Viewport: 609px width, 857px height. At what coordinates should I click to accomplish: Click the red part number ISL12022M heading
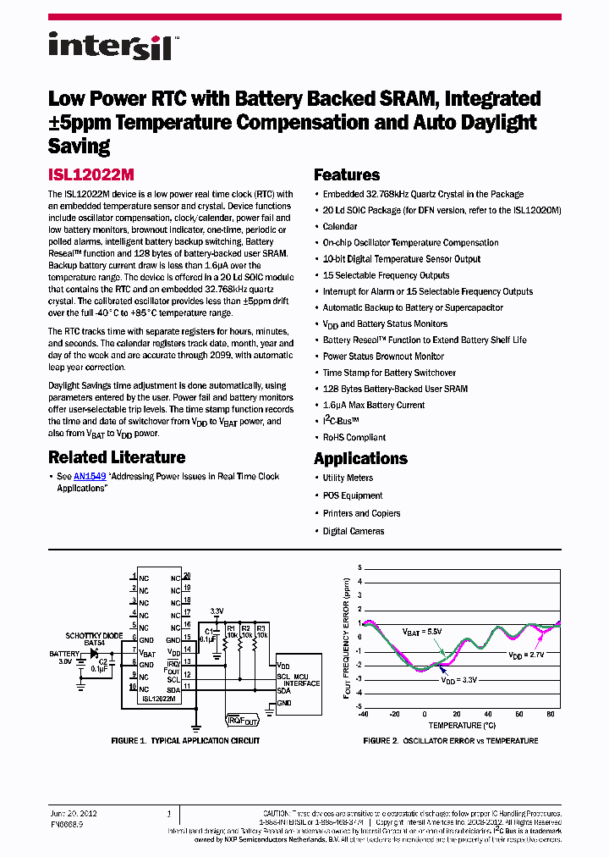(x=91, y=175)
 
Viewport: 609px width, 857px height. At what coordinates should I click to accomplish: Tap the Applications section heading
(x=360, y=459)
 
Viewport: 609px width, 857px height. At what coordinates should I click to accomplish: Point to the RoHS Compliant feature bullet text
(x=354, y=438)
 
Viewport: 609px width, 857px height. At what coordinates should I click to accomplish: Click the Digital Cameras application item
(x=353, y=531)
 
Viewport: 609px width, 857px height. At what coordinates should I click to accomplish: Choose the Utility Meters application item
(x=348, y=478)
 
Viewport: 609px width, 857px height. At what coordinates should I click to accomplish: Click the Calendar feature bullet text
(x=340, y=227)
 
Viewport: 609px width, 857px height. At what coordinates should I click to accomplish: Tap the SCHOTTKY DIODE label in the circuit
(x=95, y=635)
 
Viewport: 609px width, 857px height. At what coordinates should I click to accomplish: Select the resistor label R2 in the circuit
(x=246, y=628)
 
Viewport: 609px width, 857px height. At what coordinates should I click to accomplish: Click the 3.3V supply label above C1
(x=217, y=610)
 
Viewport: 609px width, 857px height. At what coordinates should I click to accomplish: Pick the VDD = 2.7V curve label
(x=527, y=655)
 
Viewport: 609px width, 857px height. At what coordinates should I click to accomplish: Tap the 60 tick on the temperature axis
(x=534, y=714)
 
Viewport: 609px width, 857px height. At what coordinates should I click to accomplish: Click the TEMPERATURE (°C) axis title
(x=462, y=726)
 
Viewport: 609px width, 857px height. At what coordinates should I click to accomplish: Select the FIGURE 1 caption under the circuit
(x=185, y=741)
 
